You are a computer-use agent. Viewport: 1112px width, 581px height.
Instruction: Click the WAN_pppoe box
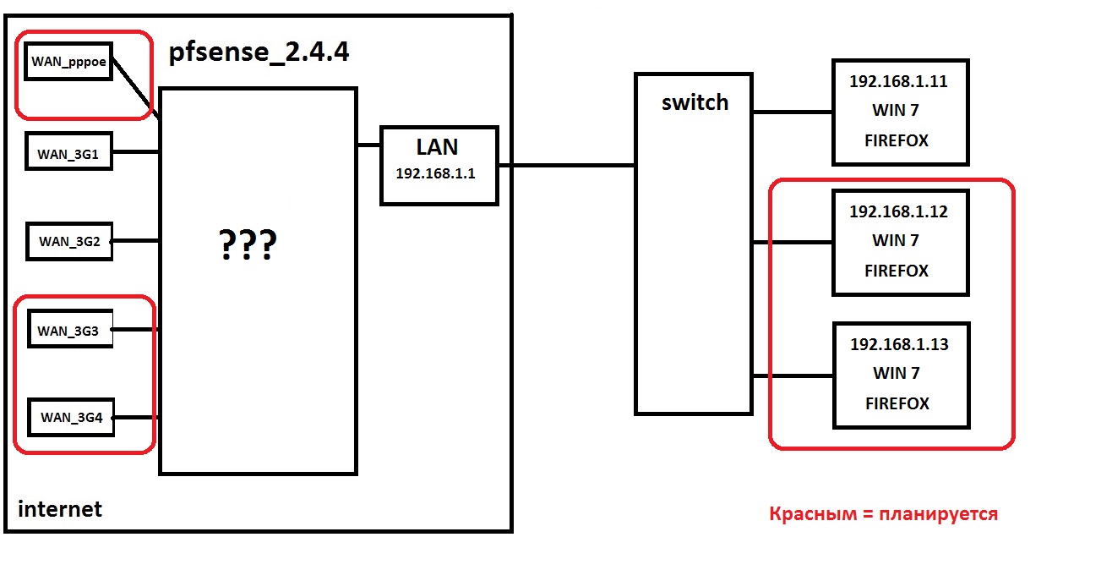click(x=68, y=61)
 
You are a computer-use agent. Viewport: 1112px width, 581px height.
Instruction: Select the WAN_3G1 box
click(x=68, y=154)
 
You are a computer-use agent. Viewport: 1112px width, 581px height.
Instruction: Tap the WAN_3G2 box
click(x=69, y=241)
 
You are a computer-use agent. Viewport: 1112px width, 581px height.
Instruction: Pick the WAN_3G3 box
click(x=69, y=330)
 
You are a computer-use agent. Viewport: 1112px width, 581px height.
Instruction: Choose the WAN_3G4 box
click(x=71, y=418)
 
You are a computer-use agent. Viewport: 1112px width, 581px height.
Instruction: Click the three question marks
click(x=247, y=245)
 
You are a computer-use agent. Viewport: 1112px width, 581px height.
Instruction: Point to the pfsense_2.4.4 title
click(x=259, y=53)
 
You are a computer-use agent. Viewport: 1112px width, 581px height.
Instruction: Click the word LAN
click(x=437, y=147)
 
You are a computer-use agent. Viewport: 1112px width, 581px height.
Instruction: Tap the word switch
click(x=695, y=103)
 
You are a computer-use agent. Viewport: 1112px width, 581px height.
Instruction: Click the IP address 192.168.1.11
click(x=898, y=83)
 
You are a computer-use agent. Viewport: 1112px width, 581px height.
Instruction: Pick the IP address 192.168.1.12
click(x=898, y=212)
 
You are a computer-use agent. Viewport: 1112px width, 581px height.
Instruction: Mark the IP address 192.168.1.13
click(x=899, y=345)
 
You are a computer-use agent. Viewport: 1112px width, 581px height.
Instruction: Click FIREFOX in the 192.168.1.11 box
click(x=897, y=140)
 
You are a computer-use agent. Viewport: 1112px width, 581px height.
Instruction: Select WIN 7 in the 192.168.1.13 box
click(x=896, y=374)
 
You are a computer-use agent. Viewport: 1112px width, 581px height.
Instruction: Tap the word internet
click(x=59, y=509)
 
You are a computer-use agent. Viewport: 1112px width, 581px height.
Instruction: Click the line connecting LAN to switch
click(x=566, y=166)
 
